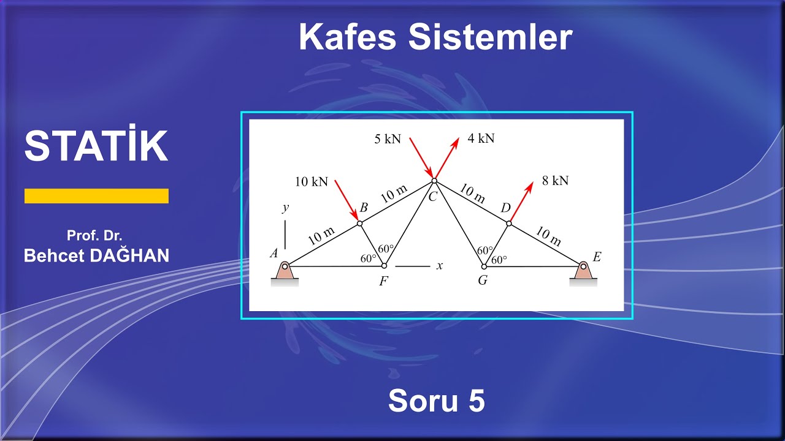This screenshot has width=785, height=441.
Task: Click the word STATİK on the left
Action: [x=96, y=146]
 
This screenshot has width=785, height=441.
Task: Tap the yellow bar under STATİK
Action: [x=96, y=196]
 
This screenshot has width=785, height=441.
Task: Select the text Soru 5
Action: [x=436, y=401]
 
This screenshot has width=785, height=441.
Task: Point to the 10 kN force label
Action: [x=311, y=182]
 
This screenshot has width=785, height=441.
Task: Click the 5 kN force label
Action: [x=388, y=139]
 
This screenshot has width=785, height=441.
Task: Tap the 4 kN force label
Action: [x=481, y=138]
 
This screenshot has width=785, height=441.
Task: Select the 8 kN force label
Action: [x=555, y=181]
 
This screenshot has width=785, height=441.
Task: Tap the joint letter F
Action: [x=383, y=282]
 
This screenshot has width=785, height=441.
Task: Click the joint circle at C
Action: [x=434, y=180]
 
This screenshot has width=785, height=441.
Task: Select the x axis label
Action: [x=439, y=266]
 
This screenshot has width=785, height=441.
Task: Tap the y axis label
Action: [x=285, y=208]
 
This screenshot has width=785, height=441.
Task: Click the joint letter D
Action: [x=505, y=209]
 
